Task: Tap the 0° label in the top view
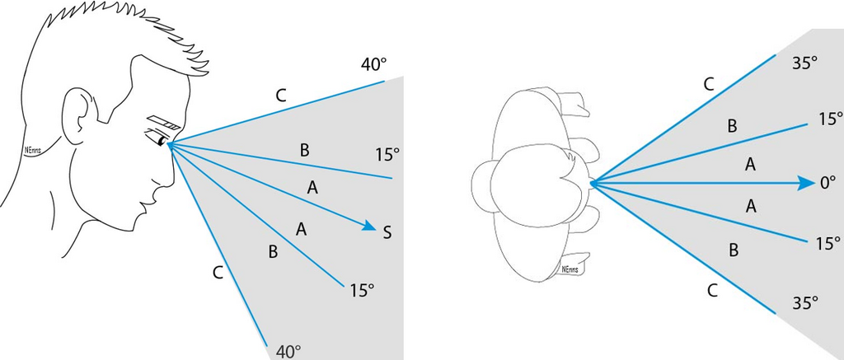pos(828,184)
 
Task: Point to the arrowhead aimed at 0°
pos(807,183)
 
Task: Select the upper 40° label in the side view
pos(373,64)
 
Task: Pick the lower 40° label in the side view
pos(288,352)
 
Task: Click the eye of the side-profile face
pos(157,139)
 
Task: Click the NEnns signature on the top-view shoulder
pos(568,269)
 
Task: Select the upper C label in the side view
pos(280,96)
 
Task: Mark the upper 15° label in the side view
pos(387,154)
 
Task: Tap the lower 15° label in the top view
pos(828,244)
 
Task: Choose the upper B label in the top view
pos(731,126)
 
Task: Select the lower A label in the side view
pos(302,227)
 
